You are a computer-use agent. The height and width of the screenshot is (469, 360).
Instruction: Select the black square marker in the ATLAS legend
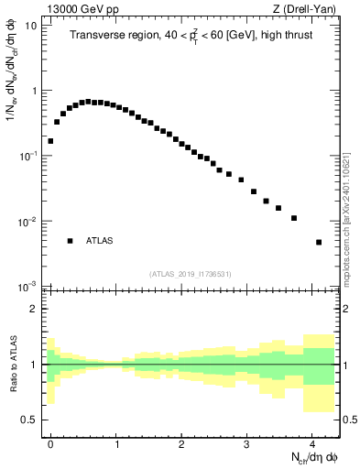tap(70, 241)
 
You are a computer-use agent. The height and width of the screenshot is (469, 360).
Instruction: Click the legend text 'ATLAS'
tap(99, 241)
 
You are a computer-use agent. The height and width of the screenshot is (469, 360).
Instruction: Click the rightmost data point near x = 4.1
tap(319, 242)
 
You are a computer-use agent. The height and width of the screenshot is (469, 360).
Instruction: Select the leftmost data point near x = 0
tap(50, 141)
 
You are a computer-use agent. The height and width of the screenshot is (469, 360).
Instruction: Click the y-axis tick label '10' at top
tap(30, 26)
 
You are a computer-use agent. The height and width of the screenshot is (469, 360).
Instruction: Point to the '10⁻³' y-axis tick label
tap(28, 287)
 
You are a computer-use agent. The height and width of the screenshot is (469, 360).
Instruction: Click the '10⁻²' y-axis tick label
tap(28, 222)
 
